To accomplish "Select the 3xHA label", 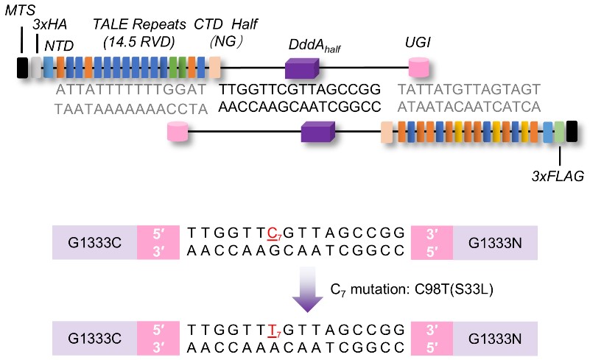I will (50, 27).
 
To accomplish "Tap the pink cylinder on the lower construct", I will (178, 133).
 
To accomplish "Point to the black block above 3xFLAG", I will (571, 133).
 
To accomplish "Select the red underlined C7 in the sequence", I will (273, 233).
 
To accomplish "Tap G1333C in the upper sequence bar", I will (94, 241).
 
